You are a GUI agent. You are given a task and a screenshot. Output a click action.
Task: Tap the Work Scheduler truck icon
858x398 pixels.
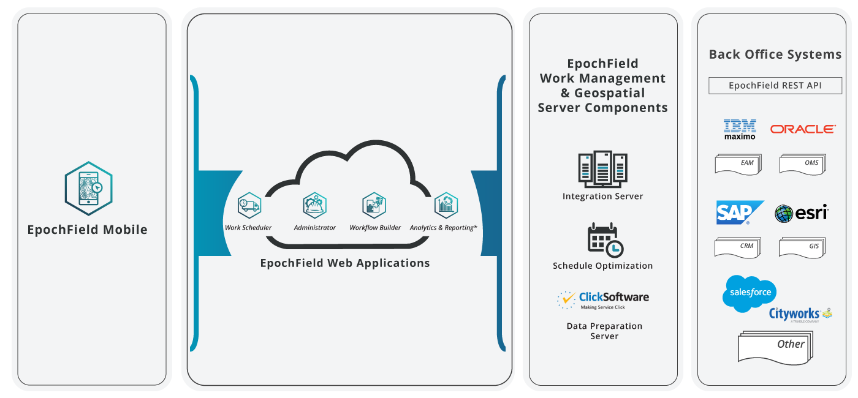pyautogui.click(x=249, y=205)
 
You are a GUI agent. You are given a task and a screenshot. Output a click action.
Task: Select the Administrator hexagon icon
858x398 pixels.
pyautogui.click(x=314, y=205)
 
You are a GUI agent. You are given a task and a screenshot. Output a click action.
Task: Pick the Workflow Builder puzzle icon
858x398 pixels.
pyautogui.click(x=374, y=205)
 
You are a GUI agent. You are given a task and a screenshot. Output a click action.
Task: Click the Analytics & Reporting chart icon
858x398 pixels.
pyautogui.click(x=446, y=205)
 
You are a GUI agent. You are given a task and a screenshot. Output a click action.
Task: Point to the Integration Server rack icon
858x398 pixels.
pyautogui.click(x=602, y=169)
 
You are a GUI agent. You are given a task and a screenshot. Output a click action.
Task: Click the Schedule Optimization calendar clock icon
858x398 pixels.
pyautogui.click(x=605, y=239)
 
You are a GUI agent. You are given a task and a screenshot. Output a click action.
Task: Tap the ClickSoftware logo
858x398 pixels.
pyautogui.click(x=603, y=299)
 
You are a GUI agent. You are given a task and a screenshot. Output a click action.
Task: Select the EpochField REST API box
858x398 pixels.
pyautogui.click(x=775, y=86)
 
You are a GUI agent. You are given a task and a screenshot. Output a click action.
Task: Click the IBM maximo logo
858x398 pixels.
pyautogui.click(x=740, y=129)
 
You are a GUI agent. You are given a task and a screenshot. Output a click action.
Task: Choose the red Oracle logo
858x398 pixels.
pyautogui.click(x=803, y=129)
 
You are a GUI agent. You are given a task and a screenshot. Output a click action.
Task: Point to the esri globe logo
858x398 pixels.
pyautogui.click(x=801, y=213)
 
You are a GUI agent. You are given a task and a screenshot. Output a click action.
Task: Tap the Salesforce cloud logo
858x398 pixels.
pyautogui.click(x=750, y=293)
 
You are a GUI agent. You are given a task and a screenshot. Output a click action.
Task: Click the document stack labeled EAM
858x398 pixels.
pyautogui.click(x=738, y=164)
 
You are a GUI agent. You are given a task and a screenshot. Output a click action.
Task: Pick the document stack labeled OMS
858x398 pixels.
pyautogui.click(x=802, y=164)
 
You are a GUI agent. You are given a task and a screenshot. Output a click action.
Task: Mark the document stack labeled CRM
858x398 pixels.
pyautogui.click(x=738, y=247)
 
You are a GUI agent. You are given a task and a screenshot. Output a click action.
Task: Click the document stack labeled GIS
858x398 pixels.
pyautogui.click(x=802, y=247)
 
